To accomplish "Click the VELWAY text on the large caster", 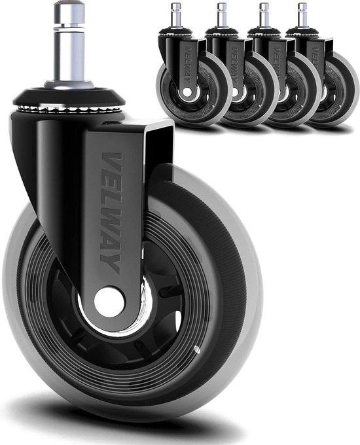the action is [112, 213].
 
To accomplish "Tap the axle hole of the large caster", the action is [109, 302].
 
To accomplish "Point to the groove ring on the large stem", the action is [69, 27].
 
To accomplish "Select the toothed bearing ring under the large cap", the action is [69, 109].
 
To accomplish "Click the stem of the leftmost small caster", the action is [176, 15].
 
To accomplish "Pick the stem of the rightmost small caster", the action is [302, 15].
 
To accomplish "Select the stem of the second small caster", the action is [222, 15].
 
